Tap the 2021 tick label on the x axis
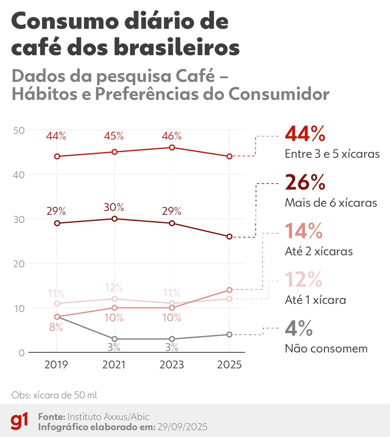click(114, 364)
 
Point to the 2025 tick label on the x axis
click(229, 364)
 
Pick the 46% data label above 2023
click(172, 136)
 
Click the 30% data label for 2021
click(114, 207)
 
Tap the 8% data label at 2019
click(56, 328)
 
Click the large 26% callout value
click(305, 183)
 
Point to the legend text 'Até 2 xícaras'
click(319, 251)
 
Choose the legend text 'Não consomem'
click(326, 349)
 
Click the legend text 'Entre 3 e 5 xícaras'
click(332, 154)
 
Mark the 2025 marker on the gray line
click(229, 335)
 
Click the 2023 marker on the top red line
click(172, 148)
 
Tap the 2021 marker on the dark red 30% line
click(114, 218)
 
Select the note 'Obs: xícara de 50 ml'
click(54, 395)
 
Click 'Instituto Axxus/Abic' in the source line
click(109, 417)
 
